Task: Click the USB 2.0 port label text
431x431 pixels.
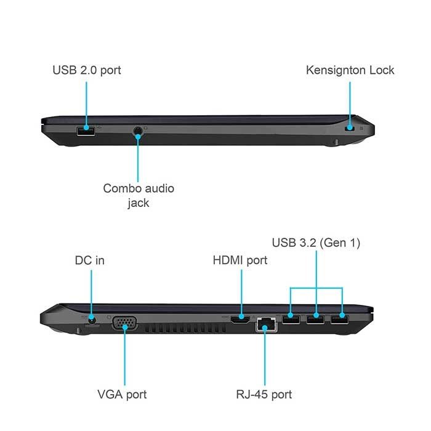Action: (x=87, y=70)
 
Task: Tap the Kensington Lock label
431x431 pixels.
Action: (x=350, y=70)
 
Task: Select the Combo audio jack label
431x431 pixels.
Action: (x=139, y=195)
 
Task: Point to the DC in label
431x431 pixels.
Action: (x=90, y=260)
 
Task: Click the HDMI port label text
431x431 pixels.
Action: (x=240, y=260)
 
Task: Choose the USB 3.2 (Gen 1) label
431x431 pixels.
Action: (x=316, y=243)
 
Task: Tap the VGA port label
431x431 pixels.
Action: (x=122, y=394)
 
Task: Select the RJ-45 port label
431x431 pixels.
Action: (x=264, y=394)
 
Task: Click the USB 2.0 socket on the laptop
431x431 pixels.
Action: (x=86, y=131)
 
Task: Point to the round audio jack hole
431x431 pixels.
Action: (x=138, y=131)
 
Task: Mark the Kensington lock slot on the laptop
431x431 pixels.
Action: (x=350, y=128)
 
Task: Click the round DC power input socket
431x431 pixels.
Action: (x=92, y=320)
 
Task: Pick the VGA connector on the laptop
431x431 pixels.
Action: (x=124, y=323)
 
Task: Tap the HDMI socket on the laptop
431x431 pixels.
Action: (x=240, y=320)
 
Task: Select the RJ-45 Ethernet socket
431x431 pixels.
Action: (x=267, y=324)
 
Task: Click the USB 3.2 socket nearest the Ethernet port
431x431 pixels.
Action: (x=291, y=320)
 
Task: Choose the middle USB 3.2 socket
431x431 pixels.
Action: (x=315, y=320)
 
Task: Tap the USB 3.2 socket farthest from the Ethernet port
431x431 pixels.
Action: (x=339, y=320)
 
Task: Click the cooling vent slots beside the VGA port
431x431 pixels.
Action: (x=185, y=328)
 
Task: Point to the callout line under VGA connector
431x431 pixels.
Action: (x=124, y=356)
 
